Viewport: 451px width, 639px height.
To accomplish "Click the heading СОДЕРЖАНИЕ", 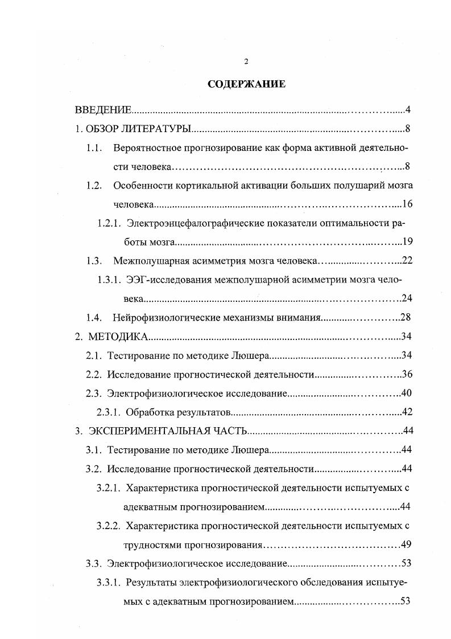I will point(246,84).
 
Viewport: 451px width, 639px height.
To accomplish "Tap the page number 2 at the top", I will point(246,62).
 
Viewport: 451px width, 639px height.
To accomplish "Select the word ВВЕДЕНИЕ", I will point(104,110).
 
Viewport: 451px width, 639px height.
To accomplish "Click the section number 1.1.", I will point(94,148).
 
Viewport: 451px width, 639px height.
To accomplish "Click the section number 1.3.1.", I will point(108,280).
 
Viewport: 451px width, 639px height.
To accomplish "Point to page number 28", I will point(405,317).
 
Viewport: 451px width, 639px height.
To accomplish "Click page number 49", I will point(406,544).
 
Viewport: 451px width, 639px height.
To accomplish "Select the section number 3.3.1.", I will point(108,582).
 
